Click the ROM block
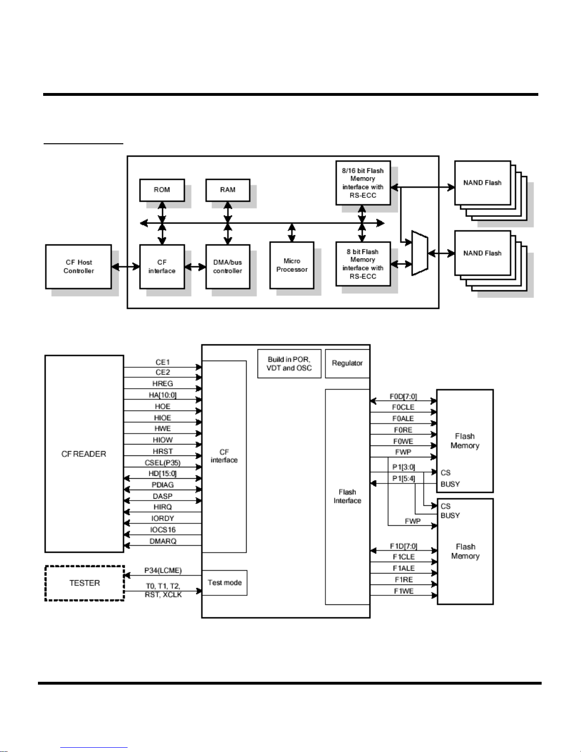162,190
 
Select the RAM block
228,190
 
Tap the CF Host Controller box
79,267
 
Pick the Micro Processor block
292,265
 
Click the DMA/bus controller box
228,267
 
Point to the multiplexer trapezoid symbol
420,253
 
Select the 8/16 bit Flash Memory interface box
363,183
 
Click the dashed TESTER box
84,583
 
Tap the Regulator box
347,363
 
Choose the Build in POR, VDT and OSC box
289,363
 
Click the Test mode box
225,583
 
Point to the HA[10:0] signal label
163,395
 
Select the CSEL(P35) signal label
163,463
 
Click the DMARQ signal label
163,541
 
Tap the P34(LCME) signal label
163,571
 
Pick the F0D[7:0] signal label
403,396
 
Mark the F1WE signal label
404,591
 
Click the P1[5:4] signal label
404,479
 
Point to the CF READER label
84,454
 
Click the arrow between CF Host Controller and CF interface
126,267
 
